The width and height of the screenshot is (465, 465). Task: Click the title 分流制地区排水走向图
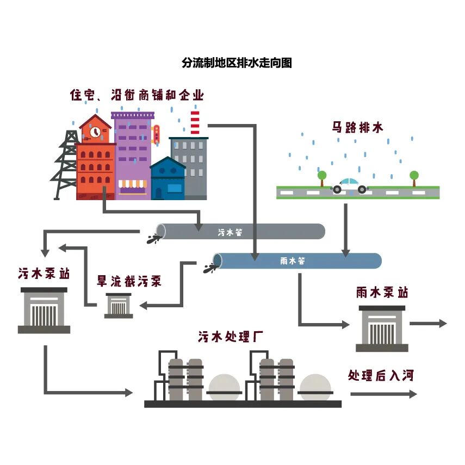coord(237,63)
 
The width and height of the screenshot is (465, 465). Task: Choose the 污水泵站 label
coord(44,273)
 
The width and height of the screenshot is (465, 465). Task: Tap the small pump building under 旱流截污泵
coord(118,306)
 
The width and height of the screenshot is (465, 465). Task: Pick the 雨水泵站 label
coord(382,293)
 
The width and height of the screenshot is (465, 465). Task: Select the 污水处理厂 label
coord(231,337)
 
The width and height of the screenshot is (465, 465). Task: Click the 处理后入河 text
coord(381,375)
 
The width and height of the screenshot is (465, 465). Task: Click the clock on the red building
coord(95,131)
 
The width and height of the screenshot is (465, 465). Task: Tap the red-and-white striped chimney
coord(195,123)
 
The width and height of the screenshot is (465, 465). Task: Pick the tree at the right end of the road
coord(414,177)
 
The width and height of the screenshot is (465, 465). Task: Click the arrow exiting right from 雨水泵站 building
coord(427,324)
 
